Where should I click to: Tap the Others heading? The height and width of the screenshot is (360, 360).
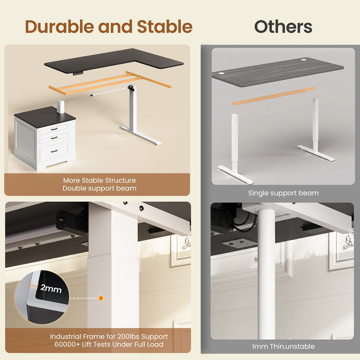tap(282, 26)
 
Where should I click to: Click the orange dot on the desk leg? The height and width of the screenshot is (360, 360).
tap(100, 298)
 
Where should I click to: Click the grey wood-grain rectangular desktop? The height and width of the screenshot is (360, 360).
tap(277, 70)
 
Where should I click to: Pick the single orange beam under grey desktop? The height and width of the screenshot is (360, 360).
tap(274, 96)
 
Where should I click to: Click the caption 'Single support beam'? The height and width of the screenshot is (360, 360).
tap(283, 192)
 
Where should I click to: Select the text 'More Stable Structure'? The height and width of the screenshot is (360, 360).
tap(99, 180)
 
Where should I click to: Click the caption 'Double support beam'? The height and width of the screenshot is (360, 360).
tap(99, 188)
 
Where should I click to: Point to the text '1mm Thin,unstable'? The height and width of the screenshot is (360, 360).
tap(283, 346)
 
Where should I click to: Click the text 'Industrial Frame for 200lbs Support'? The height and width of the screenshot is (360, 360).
tap(108, 336)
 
